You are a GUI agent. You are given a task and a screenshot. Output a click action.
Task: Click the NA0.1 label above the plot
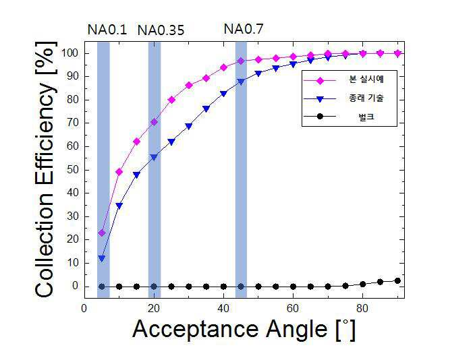click(x=107, y=30)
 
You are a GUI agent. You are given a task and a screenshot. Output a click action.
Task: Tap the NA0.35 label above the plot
click(x=161, y=30)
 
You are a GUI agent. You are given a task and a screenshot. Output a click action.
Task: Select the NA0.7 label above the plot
click(x=244, y=29)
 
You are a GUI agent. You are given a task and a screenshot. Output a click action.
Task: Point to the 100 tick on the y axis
click(x=69, y=53)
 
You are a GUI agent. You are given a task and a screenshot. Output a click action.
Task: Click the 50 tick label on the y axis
click(x=72, y=170)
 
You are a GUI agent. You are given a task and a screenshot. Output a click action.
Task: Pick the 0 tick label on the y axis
click(x=76, y=286)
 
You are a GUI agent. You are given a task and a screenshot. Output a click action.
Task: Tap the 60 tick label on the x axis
click(x=293, y=309)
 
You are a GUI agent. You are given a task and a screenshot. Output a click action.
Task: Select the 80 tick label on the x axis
click(x=362, y=309)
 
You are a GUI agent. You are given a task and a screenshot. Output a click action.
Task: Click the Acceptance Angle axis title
click(x=244, y=329)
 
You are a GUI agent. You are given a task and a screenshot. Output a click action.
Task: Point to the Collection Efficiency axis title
click(x=46, y=170)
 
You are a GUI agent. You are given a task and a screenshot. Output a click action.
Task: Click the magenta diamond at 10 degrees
click(x=119, y=172)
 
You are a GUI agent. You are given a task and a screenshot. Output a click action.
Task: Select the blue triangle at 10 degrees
click(x=119, y=206)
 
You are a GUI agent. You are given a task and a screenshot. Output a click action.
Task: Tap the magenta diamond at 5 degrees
click(x=102, y=233)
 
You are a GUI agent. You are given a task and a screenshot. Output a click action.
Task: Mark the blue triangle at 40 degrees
click(x=223, y=94)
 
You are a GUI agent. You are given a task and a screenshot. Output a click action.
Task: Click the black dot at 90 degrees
click(x=397, y=280)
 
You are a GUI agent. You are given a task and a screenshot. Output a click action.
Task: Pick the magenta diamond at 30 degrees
click(x=189, y=86)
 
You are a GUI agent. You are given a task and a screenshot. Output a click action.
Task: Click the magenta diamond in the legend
click(x=320, y=81)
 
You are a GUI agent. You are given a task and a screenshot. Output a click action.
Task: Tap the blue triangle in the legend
click(x=320, y=99)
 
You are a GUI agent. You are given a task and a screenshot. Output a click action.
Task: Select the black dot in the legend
click(x=320, y=117)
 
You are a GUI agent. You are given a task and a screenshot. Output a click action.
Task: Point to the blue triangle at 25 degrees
click(x=171, y=142)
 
